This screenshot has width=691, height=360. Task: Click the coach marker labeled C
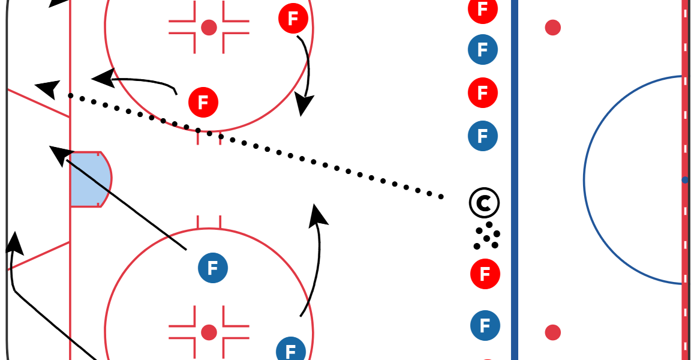(x=484, y=203)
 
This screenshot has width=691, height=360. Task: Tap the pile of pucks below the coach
(x=487, y=236)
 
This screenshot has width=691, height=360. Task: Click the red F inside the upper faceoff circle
(x=203, y=103)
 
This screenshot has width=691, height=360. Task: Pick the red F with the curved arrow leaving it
(x=293, y=19)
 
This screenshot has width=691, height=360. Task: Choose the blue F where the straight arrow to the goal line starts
(x=212, y=268)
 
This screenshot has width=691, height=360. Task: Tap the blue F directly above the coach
(x=483, y=136)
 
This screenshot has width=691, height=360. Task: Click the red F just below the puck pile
(x=485, y=274)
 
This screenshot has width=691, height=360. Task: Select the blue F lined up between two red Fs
(x=483, y=50)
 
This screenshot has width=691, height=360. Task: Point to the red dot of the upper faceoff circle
(x=209, y=27)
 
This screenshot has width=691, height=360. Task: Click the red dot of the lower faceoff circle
(x=209, y=332)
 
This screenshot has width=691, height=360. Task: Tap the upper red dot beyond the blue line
(x=552, y=28)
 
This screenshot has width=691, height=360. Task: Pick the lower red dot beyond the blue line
(x=552, y=332)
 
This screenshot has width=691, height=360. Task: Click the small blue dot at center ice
(x=685, y=180)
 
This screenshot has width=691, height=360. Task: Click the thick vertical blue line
(x=515, y=180)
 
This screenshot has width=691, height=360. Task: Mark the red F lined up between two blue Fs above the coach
(x=483, y=93)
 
